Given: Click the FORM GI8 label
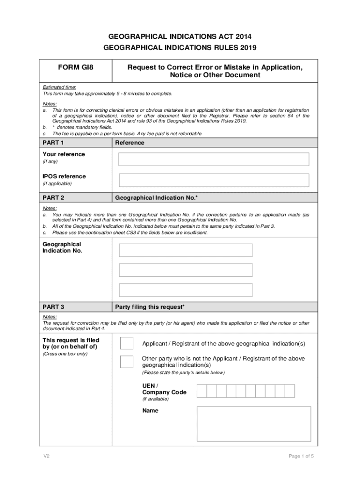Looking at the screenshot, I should click(x=76, y=67).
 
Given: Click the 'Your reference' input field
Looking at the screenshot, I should click(x=214, y=159).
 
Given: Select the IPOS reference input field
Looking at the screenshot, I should click(x=214, y=180).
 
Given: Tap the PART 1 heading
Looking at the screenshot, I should click(x=53, y=143).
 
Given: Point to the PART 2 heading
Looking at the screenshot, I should click(x=53, y=198).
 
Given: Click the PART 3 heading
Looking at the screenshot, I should click(x=53, y=307).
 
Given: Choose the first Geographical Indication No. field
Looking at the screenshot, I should click(x=186, y=250).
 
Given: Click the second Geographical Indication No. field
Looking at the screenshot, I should click(x=186, y=270).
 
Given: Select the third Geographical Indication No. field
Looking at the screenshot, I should click(x=186, y=290).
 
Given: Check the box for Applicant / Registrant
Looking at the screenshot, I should click(x=127, y=344).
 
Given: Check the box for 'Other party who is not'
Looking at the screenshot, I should click(x=127, y=362).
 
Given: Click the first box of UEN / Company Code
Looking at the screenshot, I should click(x=202, y=391).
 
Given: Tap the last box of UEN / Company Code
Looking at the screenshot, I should click(x=289, y=391).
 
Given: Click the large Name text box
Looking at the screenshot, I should click(x=253, y=424).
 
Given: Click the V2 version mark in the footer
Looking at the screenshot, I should click(x=46, y=456).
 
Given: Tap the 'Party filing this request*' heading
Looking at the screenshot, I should click(x=150, y=307).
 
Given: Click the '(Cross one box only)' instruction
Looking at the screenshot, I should click(x=65, y=354).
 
